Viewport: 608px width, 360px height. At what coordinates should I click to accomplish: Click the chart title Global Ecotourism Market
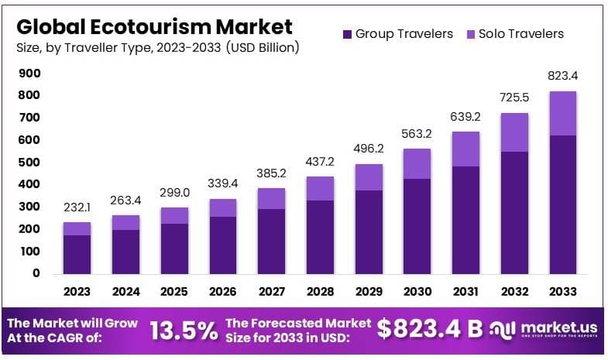154,26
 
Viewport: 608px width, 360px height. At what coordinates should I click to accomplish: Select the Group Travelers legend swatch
348,34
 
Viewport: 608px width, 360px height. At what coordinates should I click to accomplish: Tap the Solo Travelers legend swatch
471,34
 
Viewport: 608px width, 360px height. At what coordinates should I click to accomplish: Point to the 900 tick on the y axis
29,74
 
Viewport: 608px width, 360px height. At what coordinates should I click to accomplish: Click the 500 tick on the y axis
29,163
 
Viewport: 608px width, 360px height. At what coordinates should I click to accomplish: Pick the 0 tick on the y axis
36,273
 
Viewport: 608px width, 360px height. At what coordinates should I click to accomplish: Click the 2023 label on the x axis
77,292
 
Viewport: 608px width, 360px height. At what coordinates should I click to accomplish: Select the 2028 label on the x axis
321,292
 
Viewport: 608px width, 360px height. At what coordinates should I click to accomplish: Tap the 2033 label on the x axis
563,292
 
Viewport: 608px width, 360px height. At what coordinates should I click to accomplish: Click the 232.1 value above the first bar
77,209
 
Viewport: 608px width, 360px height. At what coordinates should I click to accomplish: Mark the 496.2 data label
369,150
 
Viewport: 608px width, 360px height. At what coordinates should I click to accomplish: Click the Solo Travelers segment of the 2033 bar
563,114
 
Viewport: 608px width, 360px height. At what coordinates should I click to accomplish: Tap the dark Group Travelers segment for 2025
174,248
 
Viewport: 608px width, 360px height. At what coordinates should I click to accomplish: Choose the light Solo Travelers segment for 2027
272,198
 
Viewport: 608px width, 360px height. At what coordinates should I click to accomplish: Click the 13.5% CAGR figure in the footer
184,331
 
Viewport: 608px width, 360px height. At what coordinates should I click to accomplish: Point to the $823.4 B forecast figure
430,329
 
